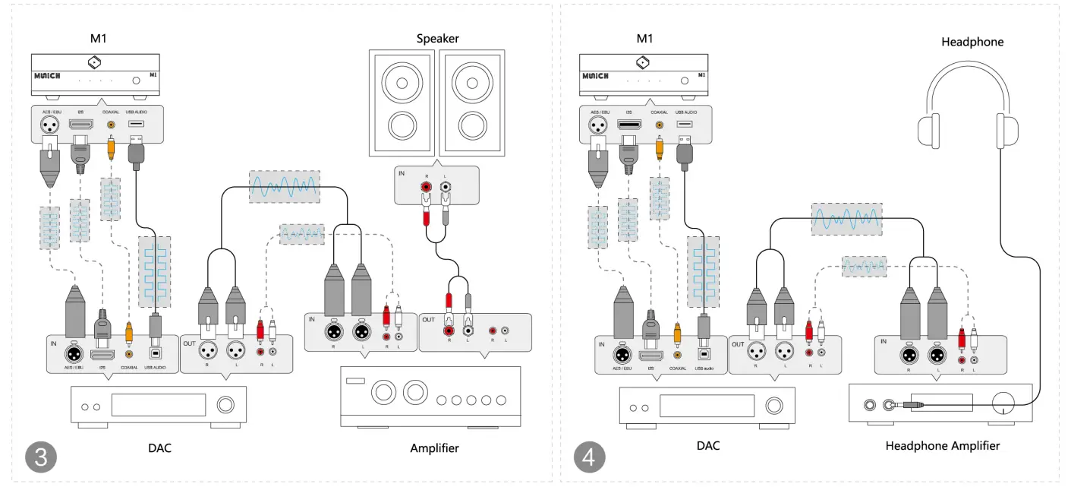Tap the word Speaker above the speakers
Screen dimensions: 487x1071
click(x=438, y=38)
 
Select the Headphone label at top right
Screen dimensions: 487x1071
click(x=972, y=42)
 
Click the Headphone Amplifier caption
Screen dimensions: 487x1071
click(x=942, y=446)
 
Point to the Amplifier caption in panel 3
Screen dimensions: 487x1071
click(x=434, y=447)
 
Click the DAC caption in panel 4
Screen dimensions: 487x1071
click(x=707, y=446)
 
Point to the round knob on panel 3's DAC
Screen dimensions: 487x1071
click(x=226, y=405)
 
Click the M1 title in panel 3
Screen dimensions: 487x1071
click(x=96, y=38)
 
